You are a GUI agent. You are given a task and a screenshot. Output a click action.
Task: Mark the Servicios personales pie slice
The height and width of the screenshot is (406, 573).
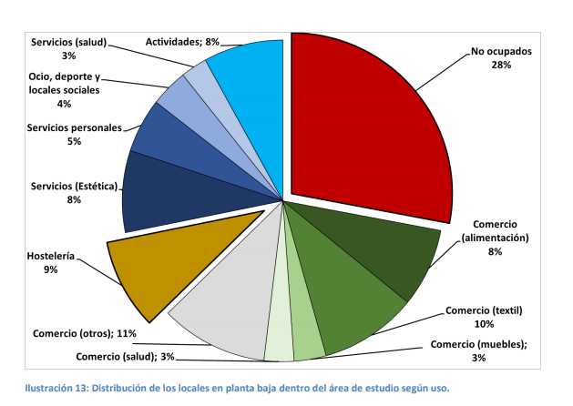pos(169,137)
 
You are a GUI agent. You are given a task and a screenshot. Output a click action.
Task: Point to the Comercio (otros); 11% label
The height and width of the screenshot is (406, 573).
pos(83,331)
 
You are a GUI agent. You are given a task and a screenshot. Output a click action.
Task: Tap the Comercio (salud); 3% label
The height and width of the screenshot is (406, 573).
pos(120,355)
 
